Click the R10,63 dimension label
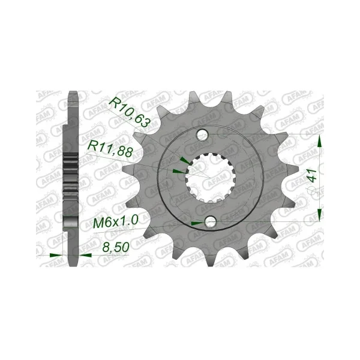129,113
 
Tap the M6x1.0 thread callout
116,221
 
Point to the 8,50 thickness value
116,247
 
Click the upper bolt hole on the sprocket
202,134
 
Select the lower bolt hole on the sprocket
211,221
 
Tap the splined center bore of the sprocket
210,178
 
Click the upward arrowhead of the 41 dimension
319,141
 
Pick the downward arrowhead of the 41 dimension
319,215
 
